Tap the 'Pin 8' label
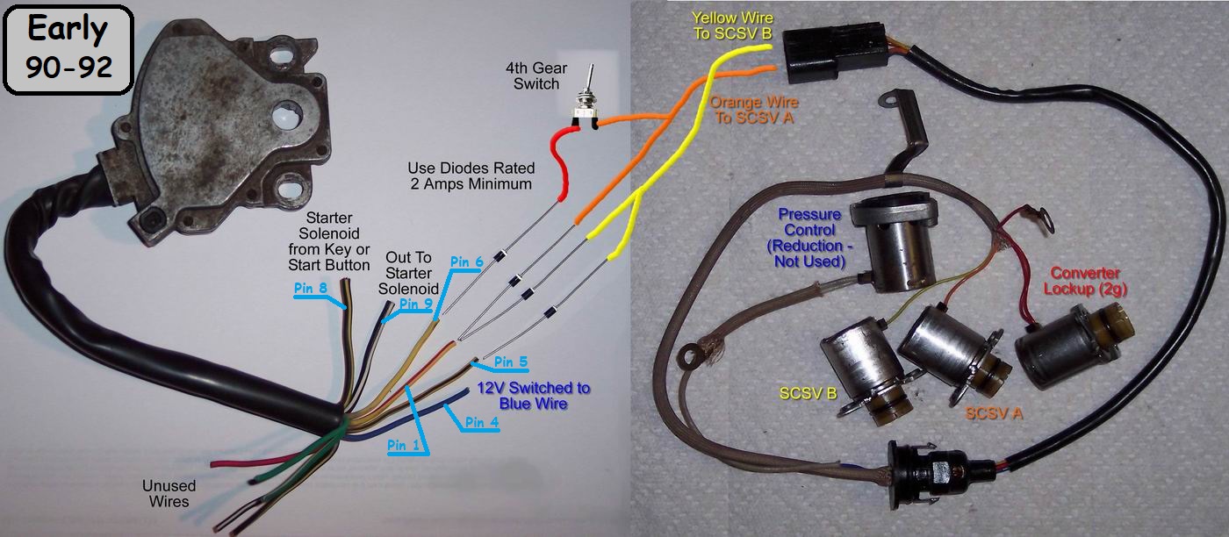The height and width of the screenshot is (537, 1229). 313,286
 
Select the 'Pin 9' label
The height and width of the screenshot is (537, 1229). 416,304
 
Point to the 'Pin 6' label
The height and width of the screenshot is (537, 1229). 467,261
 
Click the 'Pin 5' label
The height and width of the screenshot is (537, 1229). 511,361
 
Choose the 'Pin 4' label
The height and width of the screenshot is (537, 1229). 483,421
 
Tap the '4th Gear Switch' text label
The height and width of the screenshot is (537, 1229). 532,76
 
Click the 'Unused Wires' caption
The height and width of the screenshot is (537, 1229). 169,493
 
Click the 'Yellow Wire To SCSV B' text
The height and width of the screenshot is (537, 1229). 731,25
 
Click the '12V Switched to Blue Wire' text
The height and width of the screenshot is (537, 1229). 534,396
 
